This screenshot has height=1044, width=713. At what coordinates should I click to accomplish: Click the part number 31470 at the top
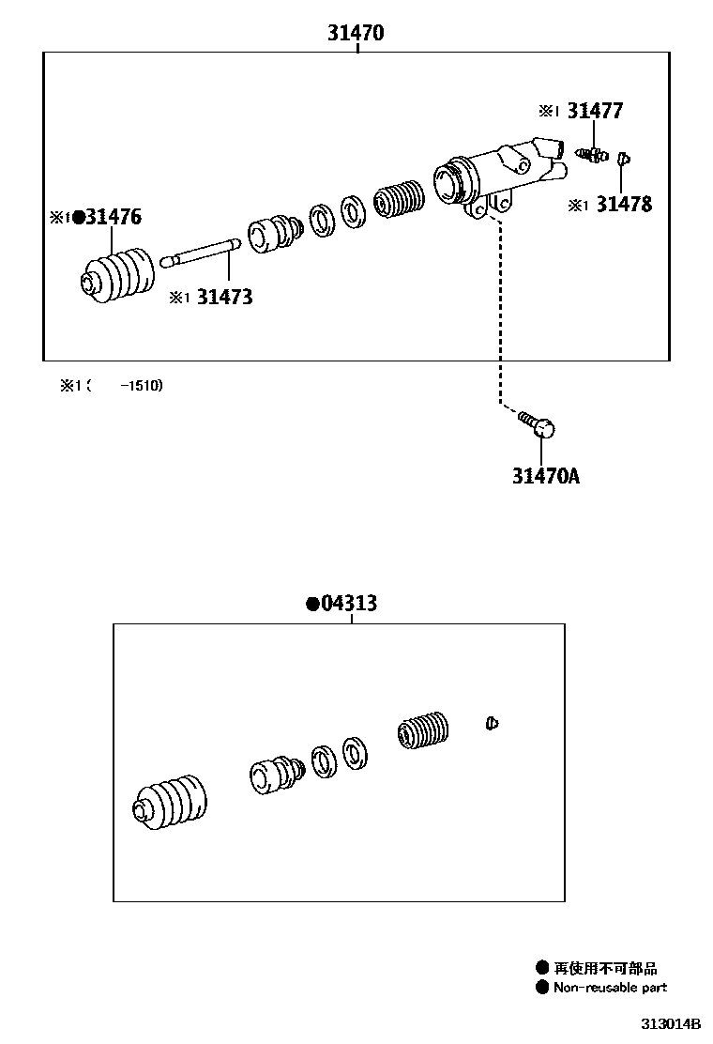point(356,33)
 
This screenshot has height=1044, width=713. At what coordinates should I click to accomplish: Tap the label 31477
point(594,111)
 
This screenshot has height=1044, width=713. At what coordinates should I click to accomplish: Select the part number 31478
point(623,204)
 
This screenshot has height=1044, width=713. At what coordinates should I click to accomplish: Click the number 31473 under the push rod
point(224,298)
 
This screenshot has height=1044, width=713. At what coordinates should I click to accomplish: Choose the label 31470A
point(545,476)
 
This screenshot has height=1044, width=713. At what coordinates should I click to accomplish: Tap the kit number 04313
point(348,603)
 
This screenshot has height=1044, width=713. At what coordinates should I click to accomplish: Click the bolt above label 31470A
point(538,424)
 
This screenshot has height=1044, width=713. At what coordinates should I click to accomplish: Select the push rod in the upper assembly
point(201,252)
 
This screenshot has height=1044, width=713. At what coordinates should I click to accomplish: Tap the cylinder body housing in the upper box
point(497,174)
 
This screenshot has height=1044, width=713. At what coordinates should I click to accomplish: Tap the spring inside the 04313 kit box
point(424,732)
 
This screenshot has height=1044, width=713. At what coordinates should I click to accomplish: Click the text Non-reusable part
point(610,987)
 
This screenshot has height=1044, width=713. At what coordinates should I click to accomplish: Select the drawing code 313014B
point(671,1023)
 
